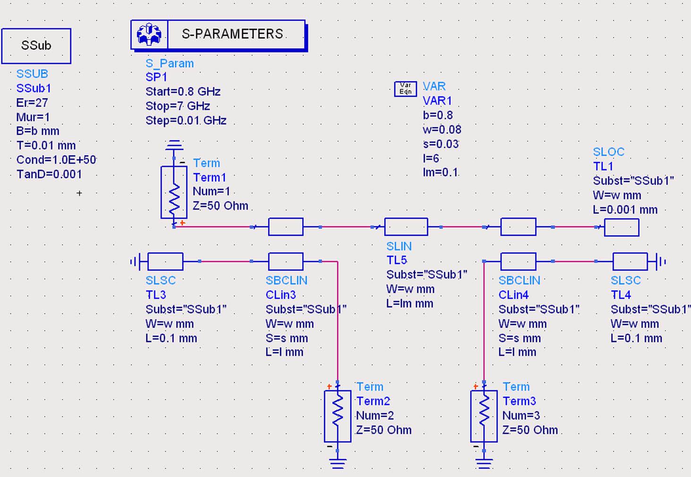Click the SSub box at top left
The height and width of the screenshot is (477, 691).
(x=36, y=46)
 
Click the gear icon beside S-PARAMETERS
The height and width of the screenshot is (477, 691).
(x=149, y=34)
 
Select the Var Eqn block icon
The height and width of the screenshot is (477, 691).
(x=405, y=89)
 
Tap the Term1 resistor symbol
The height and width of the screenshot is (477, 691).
(x=174, y=192)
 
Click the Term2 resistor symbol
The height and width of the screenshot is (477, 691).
(x=337, y=416)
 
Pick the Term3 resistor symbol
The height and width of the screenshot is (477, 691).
(x=484, y=416)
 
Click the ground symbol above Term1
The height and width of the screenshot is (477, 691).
(x=174, y=145)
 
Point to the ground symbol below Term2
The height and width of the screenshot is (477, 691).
(x=337, y=463)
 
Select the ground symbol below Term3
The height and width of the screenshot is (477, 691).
(x=484, y=463)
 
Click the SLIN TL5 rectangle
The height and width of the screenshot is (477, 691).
(x=406, y=227)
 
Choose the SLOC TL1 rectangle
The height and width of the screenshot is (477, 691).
(x=622, y=228)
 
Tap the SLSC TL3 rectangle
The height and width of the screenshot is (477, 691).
(x=165, y=261)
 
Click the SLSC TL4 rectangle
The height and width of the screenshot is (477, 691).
(x=630, y=261)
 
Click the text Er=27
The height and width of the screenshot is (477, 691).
(x=32, y=102)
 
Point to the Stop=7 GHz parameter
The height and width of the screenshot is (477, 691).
(x=178, y=106)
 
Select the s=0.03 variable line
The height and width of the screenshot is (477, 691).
(x=441, y=144)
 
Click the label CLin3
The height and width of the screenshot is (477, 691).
(x=281, y=295)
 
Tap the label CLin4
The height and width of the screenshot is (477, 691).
(x=513, y=295)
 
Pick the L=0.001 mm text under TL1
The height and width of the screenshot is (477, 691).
(x=625, y=210)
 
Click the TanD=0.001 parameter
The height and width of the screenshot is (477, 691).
(x=49, y=174)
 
